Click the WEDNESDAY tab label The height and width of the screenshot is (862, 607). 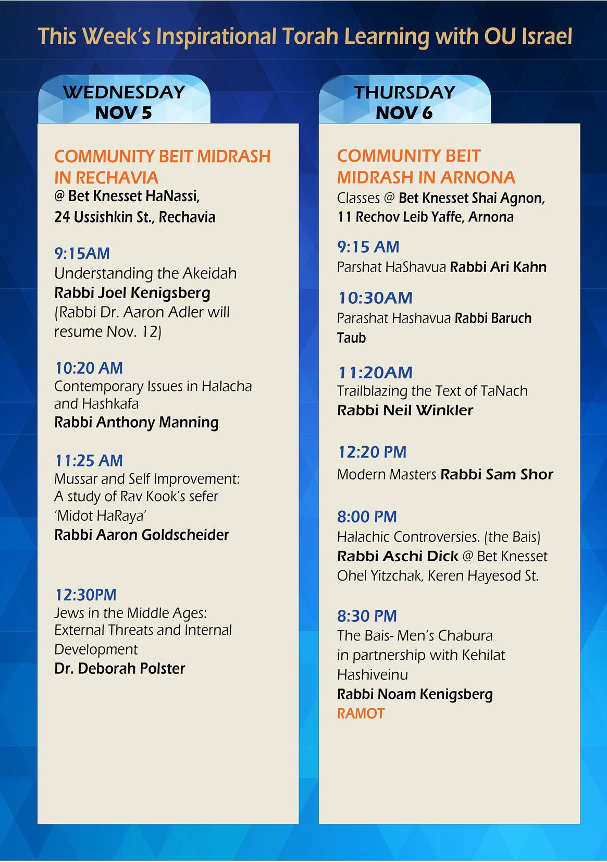(x=124, y=92)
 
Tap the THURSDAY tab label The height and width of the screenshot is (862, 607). (x=404, y=92)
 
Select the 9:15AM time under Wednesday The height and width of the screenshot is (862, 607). (x=82, y=254)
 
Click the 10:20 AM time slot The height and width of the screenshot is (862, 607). (x=89, y=368)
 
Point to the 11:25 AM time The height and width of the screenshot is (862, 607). (x=89, y=461)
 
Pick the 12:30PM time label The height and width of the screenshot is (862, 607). (x=86, y=595)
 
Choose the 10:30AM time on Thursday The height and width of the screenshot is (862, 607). (x=375, y=298)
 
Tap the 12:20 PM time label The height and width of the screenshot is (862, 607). (x=372, y=452)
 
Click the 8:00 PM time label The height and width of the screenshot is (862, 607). (x=367, y=517)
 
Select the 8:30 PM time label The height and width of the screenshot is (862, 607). (x=367, y=616)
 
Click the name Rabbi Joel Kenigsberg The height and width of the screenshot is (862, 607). (x=132, y=293)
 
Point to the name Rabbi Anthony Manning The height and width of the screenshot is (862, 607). (x=137, y=422)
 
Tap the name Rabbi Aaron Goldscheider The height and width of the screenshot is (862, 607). (x=142, y=535)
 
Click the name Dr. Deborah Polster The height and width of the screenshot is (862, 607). (x=120, y=669)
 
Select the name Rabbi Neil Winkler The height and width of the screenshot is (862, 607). (x=405, y=410)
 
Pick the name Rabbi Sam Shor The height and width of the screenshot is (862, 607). (x=497, y=474)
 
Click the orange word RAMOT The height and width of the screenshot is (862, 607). (x=361, y=713)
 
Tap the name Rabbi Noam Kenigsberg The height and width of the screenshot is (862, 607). (x=415, y=694)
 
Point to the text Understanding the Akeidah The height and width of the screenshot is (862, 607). (x=145, y=274)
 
